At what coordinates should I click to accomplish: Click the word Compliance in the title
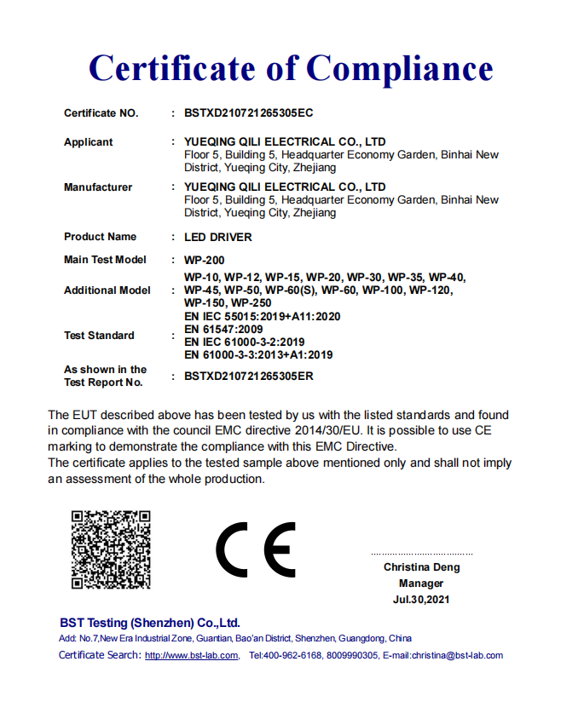399,68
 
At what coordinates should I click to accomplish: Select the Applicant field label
88,142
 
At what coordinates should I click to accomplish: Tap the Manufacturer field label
98,187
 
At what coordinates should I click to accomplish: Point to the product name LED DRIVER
218,237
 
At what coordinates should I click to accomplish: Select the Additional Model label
107,290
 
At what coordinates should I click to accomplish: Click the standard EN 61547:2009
223,329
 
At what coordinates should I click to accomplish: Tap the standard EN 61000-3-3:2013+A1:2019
258,354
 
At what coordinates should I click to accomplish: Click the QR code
111,549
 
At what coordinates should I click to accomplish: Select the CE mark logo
256,549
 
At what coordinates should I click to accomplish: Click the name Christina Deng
421,567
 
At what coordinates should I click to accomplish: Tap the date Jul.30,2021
421,600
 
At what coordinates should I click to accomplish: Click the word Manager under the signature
421,584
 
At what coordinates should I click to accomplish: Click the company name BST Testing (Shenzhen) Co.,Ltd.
150,623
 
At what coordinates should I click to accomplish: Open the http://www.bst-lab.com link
192,656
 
